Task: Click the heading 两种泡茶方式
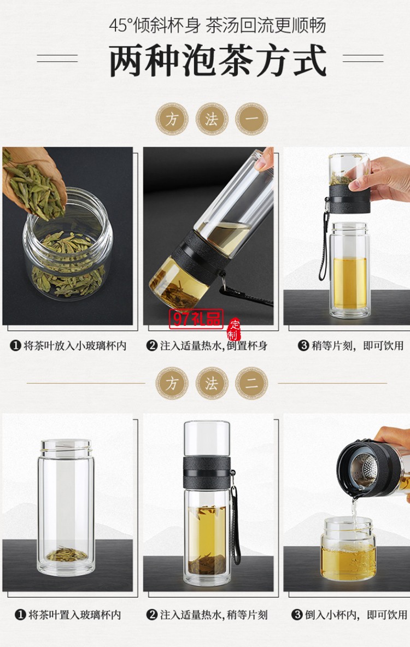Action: [218, 61]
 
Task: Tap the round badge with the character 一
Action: [251, 119]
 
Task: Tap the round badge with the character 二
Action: [251, 383]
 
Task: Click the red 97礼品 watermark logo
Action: [196, 319]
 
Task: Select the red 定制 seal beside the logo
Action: [233, 328]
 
